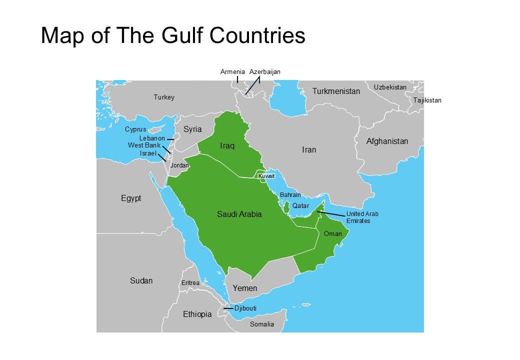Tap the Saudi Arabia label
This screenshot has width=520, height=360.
click(x=239, y=214)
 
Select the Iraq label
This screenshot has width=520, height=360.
click(x=227, y=146)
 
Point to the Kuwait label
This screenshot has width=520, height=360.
click(x=266, y=176)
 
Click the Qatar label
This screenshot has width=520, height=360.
click(x=300, y=206)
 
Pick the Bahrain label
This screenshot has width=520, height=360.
click(x=290, y=195)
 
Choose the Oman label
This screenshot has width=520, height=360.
click(x=332, y=233)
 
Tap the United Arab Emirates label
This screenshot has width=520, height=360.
click(x=362, y=217)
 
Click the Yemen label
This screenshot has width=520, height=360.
click(x=244, y=288)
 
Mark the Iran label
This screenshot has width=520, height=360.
click(x=309, y=150)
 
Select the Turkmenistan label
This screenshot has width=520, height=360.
click(x=336, y=91)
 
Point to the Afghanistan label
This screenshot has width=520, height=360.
click(x=387, y=141)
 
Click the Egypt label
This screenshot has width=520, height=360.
click(x=131, y=198)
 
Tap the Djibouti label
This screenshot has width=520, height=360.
click(x=245, y=308)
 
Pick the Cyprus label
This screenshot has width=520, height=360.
click(x=135, y=129)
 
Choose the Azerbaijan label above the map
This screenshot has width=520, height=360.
click(x=264, y=72)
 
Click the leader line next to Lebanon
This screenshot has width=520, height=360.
click(x=170, y=139)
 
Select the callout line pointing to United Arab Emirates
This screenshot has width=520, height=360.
click(x=331, y=214)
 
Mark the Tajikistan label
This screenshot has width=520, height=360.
click(x=427, y=100)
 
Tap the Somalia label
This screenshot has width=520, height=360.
click(x=262, y=324)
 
